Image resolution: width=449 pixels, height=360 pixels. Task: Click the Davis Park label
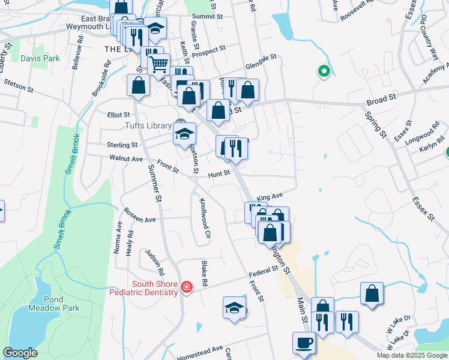pyautogui.click(x=40, y=59)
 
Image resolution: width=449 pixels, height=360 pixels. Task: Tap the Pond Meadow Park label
pyautogui.click(x=53, y=304)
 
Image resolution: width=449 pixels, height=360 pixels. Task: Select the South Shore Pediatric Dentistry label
pyautogui.click(x=155, y=288)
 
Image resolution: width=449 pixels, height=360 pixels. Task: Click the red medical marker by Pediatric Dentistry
pyautogui.click(x=187, y=288)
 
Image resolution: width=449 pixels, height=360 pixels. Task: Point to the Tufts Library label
pyautogui.click(x=146, y=125)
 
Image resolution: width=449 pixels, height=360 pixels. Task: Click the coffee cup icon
pyautogui.click(x=304, y=343)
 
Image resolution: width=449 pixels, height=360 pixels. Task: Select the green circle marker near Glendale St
pyautogui.click(x=324, y=72)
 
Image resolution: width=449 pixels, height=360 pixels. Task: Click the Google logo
pyautogui.click(x=20, y=353)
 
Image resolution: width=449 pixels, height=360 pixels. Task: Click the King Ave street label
pyautogui.click(x=270, y=197)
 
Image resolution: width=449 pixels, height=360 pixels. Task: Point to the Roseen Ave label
pyautogui.click(x=140, y=215)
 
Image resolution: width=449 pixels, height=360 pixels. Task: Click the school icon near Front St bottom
pyautogui.click(x=234, y=308)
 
